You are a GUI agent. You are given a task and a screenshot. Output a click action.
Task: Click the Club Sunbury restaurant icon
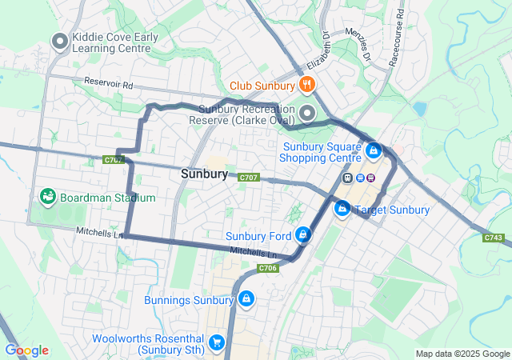point(306,85)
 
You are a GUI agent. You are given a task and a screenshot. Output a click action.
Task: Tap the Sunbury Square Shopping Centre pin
point(373,150)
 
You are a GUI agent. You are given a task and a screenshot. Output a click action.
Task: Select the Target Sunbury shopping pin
point(342,209)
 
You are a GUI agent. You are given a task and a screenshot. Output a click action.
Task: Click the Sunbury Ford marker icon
point(303,235)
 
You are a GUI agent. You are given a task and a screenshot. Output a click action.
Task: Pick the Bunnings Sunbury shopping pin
point(246,299)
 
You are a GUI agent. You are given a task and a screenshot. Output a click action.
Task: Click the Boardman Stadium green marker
point(46,197)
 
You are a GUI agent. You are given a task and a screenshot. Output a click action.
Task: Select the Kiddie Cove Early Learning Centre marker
point(59,42)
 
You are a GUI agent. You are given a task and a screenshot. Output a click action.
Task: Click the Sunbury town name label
point(205,174)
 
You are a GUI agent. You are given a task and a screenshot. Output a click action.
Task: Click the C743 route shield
point(494,237)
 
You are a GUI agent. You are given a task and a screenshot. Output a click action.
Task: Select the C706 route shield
point(268,268)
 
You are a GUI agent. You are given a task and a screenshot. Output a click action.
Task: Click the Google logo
point(26,350)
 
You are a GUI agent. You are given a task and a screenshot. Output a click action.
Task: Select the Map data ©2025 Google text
point(462,354)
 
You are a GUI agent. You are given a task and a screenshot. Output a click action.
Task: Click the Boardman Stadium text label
point(107,198)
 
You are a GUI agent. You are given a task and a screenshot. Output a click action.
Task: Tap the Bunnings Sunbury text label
point(189,301)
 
